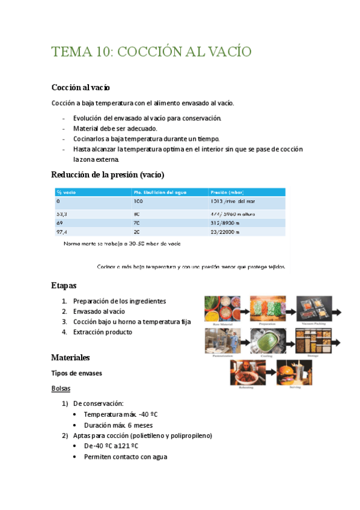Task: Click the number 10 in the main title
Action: [99, 52]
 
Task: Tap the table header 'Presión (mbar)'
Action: [227, 192]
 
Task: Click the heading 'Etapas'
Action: [64, 285]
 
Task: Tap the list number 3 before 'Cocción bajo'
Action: [64, 322]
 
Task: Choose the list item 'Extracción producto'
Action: [102, 332]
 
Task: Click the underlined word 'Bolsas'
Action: [61, 389]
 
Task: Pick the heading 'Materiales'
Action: [70, 358]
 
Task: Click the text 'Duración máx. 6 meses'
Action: [118, 425]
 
